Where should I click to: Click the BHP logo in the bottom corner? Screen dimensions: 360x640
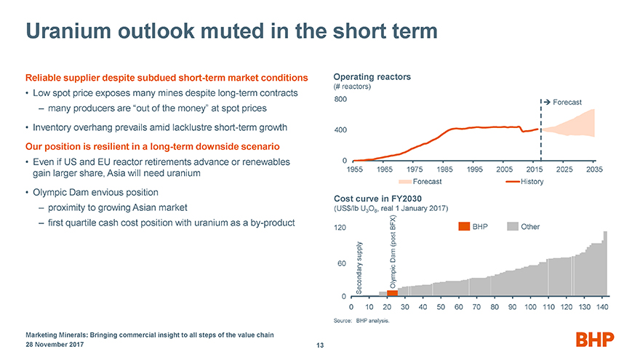point(594,340)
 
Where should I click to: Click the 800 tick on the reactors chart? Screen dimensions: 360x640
point(340,100)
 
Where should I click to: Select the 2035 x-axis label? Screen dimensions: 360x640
point(594,169)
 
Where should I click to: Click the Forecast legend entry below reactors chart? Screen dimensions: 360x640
point(423,180)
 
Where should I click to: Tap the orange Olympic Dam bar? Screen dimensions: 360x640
point(392,292)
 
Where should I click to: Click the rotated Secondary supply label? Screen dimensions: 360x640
point(359,269)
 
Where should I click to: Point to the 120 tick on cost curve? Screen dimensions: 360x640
point(340,228)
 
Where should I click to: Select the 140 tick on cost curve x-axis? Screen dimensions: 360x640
point(601,308)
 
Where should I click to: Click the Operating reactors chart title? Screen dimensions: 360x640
point(372,76)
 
